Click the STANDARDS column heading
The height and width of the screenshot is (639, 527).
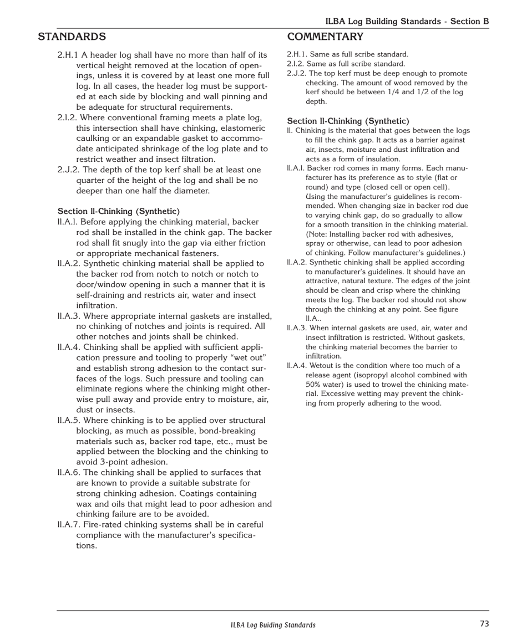coord(72,37)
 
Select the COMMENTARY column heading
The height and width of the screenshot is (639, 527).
coord(325,37)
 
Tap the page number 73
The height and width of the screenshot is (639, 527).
coord(484,623)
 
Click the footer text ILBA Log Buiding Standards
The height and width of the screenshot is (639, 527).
coord(273,625)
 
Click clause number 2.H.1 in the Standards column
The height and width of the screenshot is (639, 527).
coord(68,55)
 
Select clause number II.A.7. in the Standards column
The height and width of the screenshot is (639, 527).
coord(69,525)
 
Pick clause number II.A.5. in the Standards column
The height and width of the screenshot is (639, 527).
coord(69,421)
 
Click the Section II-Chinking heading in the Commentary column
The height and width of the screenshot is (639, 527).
coord(348,121)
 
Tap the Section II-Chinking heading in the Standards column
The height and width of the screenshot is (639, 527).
coord(119,211)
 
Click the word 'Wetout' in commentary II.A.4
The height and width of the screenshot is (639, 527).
coord(321,365)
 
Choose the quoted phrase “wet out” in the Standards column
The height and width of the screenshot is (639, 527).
coord(248,357)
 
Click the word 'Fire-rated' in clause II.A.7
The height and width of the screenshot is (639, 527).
coord(103,525)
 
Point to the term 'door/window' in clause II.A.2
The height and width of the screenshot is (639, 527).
coord(103,285)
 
